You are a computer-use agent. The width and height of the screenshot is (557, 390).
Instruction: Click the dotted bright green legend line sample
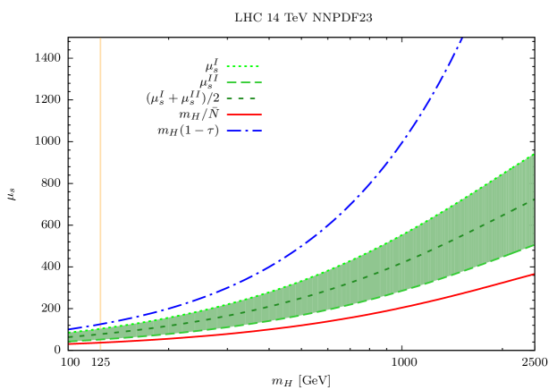pos(242,66)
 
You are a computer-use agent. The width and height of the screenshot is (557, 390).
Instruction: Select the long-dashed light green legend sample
pos(243,82)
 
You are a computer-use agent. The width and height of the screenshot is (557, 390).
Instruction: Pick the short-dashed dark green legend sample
pos(242,98)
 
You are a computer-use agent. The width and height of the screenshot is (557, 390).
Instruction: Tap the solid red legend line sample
pos(243,114)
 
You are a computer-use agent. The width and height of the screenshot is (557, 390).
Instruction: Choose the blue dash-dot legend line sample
pos(243,131)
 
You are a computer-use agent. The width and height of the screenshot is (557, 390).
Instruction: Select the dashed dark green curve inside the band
pos(358,281)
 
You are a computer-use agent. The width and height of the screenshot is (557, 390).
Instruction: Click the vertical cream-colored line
pos(100,179)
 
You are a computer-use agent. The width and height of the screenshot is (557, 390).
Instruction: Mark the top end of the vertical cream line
pos(100,38)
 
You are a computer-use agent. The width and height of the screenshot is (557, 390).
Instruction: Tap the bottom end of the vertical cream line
pos(100,349)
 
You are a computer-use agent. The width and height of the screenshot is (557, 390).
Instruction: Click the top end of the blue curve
pos(461,39)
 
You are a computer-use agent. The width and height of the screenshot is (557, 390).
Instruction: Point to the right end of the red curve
pos(534,275)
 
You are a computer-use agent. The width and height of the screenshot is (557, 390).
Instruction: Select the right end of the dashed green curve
pos(534,199)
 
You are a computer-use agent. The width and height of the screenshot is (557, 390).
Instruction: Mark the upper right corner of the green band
pos(534,154)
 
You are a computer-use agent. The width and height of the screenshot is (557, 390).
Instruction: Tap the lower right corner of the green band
pos(534,245)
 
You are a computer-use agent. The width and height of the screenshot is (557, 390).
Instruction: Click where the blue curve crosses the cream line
pos(100,325)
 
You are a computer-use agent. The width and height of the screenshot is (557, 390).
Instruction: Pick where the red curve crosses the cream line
pos(100,343)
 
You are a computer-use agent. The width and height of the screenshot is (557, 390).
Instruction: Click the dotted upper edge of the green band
pos(402,233)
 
